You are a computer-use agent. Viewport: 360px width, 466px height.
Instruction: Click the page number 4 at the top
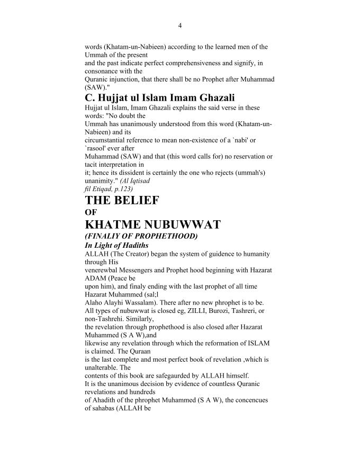coord(180,25)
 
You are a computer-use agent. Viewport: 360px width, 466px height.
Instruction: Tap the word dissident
coord(137,173)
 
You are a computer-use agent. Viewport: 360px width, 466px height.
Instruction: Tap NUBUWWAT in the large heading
coord(182,225)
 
